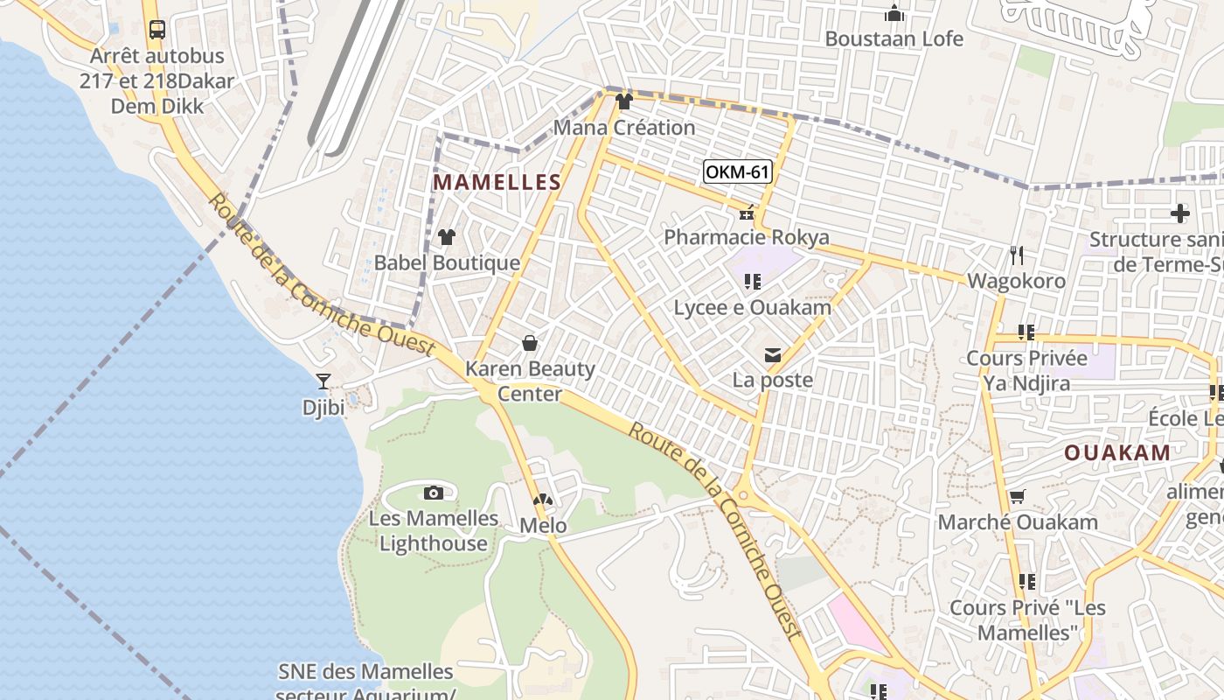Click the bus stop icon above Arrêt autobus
point(156,30)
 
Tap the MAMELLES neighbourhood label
point(497,182)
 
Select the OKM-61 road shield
point(737,171)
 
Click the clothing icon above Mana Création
point(623,101)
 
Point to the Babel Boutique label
point(447,262)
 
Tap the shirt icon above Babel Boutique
point(447,236)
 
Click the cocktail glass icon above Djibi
point(323,381)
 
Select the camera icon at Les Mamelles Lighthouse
point(433,493)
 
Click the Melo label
point(543,526)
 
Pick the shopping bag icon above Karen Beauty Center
point(529,343)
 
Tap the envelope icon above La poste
point(773,355)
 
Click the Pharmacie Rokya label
point(747,237)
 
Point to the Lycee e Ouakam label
point(742,307)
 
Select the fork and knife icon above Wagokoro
point(1016,255)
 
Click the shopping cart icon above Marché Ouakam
point(1017,497)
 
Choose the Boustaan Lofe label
point(894,38)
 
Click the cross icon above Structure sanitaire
point(1180,213)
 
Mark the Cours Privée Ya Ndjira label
point(1026,370)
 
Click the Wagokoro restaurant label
point(1016,281)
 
